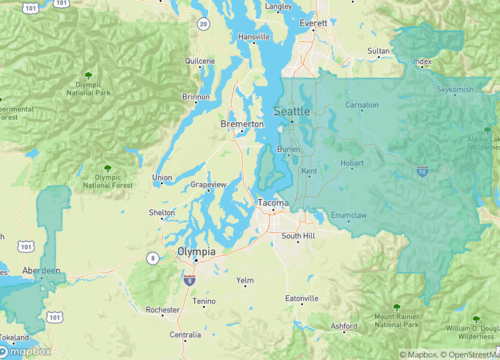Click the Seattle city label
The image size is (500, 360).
coord(292,111)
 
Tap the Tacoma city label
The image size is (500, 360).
coord(273,203)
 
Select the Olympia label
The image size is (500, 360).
coord(195,253)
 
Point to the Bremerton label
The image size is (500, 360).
coord(242,124)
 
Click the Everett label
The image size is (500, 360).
coord(313,22)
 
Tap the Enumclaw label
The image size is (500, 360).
coord(348,214)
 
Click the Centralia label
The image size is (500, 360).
coord(191,336)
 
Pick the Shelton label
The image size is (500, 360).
coord(161,213)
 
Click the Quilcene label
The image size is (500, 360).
coord(200,60)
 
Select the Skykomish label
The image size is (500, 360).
coord(455,89)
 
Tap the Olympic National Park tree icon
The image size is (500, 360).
coord(91,74)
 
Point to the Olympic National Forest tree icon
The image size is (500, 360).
coord(108,168)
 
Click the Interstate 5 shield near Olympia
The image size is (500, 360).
coord(188,282)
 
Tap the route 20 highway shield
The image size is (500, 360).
coord(203,22)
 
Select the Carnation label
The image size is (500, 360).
coord(362,105)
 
